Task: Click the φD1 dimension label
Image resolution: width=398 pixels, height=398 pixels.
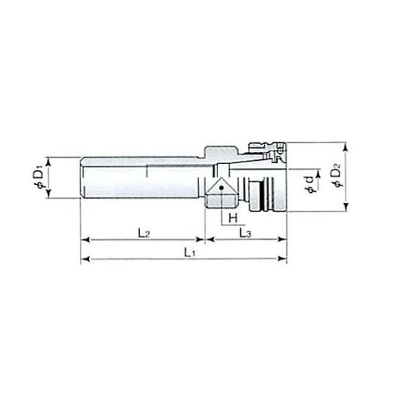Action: [x=39, y=177]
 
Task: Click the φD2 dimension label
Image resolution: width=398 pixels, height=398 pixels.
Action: [x=338, y=176]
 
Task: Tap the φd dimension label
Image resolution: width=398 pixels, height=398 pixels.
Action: [x=310, y=184]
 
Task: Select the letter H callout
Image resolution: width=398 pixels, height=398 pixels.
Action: [x=233, y=218]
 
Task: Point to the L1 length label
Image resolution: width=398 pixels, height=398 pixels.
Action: [x=189, y=253]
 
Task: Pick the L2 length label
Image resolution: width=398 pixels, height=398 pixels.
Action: [x=144, y=233]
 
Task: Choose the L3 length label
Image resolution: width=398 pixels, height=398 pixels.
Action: [x=245, y=233]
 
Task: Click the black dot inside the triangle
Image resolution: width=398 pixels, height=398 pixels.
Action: [x=221, y=188]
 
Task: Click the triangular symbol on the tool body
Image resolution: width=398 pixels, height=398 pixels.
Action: [x=220, y=187]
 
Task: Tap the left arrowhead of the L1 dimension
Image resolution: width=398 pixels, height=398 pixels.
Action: [x=85, y=259]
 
